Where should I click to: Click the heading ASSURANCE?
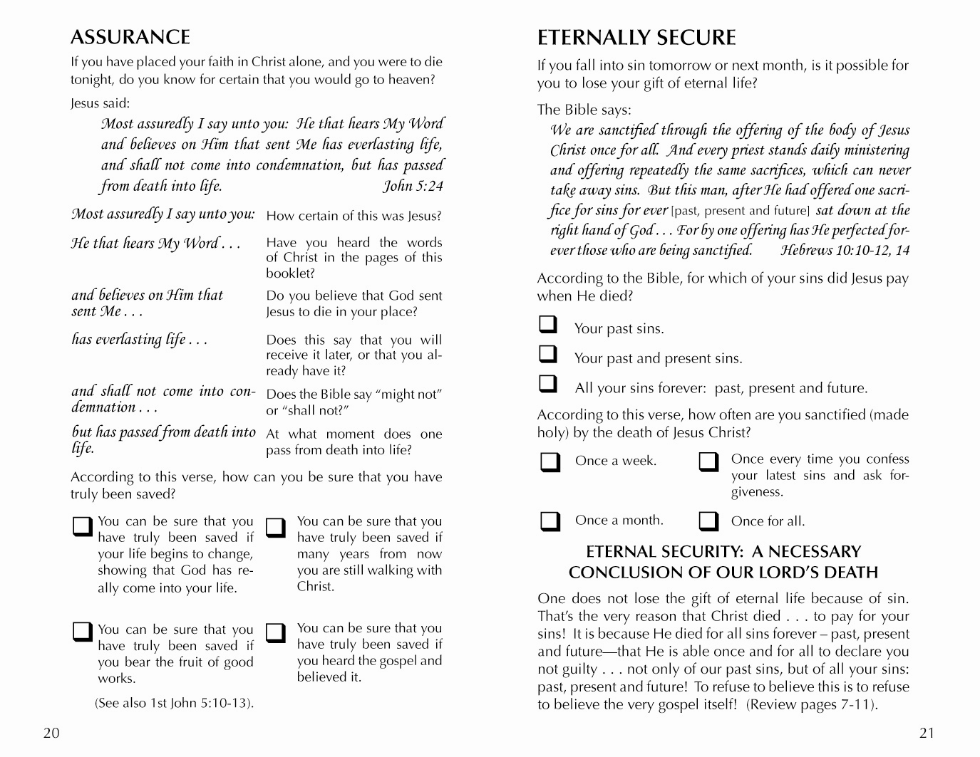point(130,37)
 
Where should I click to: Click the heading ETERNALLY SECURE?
point(636,37)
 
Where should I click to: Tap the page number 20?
point(51,733)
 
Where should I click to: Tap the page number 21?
point(927,733)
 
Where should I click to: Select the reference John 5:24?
point(413,186)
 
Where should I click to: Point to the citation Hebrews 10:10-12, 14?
point(845,250)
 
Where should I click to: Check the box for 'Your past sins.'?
point(548,325)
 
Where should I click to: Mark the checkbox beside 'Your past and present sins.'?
point(548,355)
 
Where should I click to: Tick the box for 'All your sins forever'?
point(548,385)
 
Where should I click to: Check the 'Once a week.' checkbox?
point(550,462)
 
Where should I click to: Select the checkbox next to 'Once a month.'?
point(550,521)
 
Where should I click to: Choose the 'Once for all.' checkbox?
point(708,521)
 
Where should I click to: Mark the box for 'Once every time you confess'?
point(708,462)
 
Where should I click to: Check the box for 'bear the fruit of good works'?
point(83,632)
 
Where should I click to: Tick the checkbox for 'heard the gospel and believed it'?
point(275,632)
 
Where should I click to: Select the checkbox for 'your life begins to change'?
point(83,526)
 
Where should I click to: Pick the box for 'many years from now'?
point(275,526)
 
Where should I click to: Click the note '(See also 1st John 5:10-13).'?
point(175,703)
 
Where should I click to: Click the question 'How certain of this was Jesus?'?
point(354,216)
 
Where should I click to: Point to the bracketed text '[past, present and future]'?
point(741,211)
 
